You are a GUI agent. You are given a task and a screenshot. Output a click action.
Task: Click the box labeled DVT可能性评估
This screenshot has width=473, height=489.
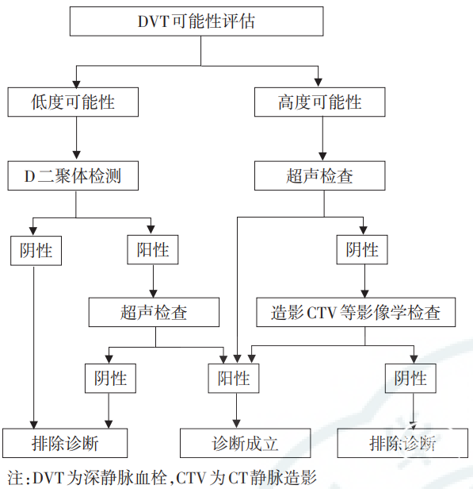pyautogui.click(x=196, y=21)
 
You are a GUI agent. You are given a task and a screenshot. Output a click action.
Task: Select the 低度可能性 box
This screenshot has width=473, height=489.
pyautogui.click(x=73, y=102)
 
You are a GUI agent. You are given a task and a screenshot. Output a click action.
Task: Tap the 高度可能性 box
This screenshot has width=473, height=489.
pyautogui.click(x=319, y=102)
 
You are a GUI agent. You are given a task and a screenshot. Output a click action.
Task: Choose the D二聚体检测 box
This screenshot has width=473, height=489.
pyautogui.click(x=73, y=175)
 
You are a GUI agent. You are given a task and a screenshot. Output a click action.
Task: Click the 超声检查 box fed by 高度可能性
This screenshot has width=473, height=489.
pyautogui.click(x=319, y=175)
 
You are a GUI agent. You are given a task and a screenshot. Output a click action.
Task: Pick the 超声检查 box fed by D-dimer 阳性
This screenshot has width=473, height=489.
pyautogui.click(x=154, y=312)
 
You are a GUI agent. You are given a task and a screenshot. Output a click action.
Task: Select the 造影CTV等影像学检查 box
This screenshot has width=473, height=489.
pyautogui.click(x=356, y=312)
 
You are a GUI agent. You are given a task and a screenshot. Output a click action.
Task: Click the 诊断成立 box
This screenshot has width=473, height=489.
pyautogui.click(x=245, y=443)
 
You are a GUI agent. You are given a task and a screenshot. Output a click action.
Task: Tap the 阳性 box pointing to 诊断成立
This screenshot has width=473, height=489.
pyautogui.click(x=234, y=379)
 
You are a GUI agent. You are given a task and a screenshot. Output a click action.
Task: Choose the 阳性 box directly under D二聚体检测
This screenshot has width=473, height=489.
pyautogui.click(x=152, y=250)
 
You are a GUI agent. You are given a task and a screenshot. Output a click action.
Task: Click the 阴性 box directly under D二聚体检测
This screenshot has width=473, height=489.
pyautogui.click(x=36, y=251)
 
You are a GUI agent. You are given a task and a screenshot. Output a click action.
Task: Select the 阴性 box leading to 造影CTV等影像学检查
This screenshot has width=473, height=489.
pyautogui.click(x=362, y=250)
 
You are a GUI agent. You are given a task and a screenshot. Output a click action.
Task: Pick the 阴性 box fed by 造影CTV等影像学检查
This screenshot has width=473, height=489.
pyautogui.click(x=410, y=379)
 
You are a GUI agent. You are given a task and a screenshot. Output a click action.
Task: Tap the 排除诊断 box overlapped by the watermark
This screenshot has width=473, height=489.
pyautogui.click(x=402, y=443)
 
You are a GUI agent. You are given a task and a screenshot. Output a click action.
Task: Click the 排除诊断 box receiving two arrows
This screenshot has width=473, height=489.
pyautogui.click(x=65, y=443)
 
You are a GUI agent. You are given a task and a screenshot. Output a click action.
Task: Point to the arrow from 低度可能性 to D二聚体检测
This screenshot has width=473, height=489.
pyautogui.click(x=76, y=138)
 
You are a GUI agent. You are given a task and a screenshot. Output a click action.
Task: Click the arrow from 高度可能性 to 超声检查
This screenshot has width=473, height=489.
pyautogui.click(x=322, y=138)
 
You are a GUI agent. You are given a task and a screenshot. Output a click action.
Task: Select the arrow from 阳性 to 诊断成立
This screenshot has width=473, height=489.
pyautogui.click(x=236, y=410)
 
